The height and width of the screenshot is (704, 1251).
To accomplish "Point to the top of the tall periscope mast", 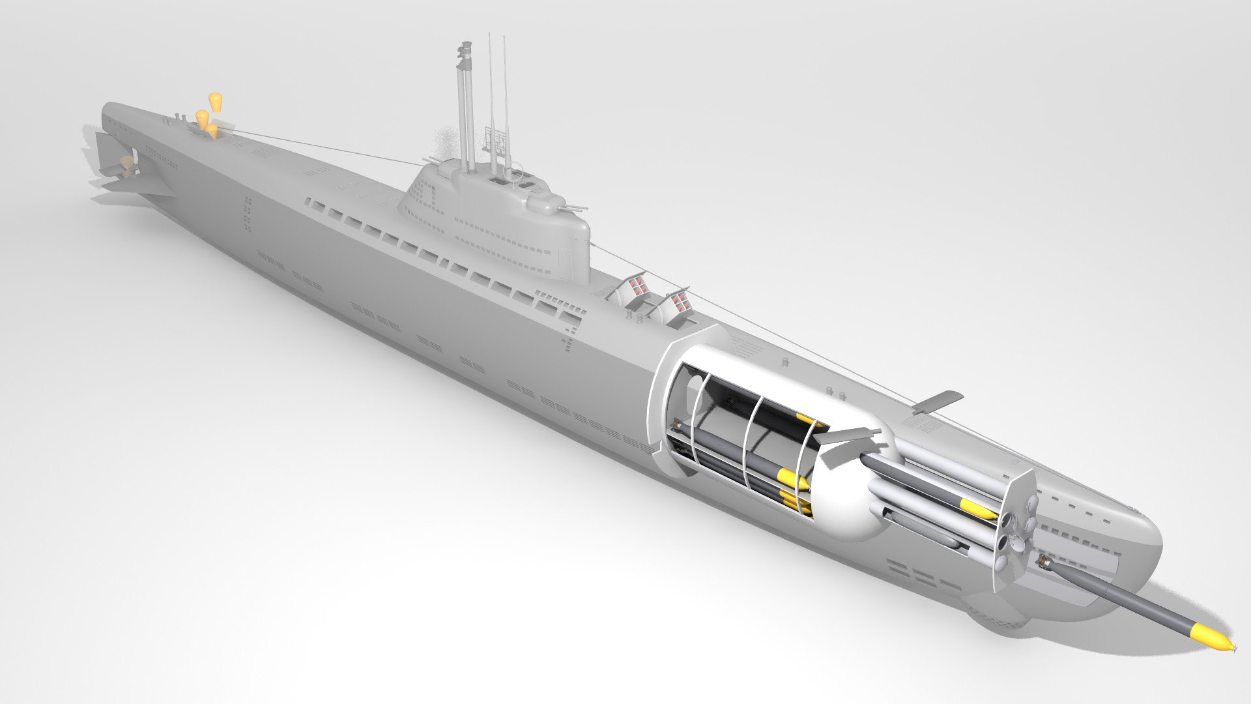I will (x=465, y=47).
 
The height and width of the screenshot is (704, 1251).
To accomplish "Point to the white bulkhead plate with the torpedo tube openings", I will (x=1015, y=521).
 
